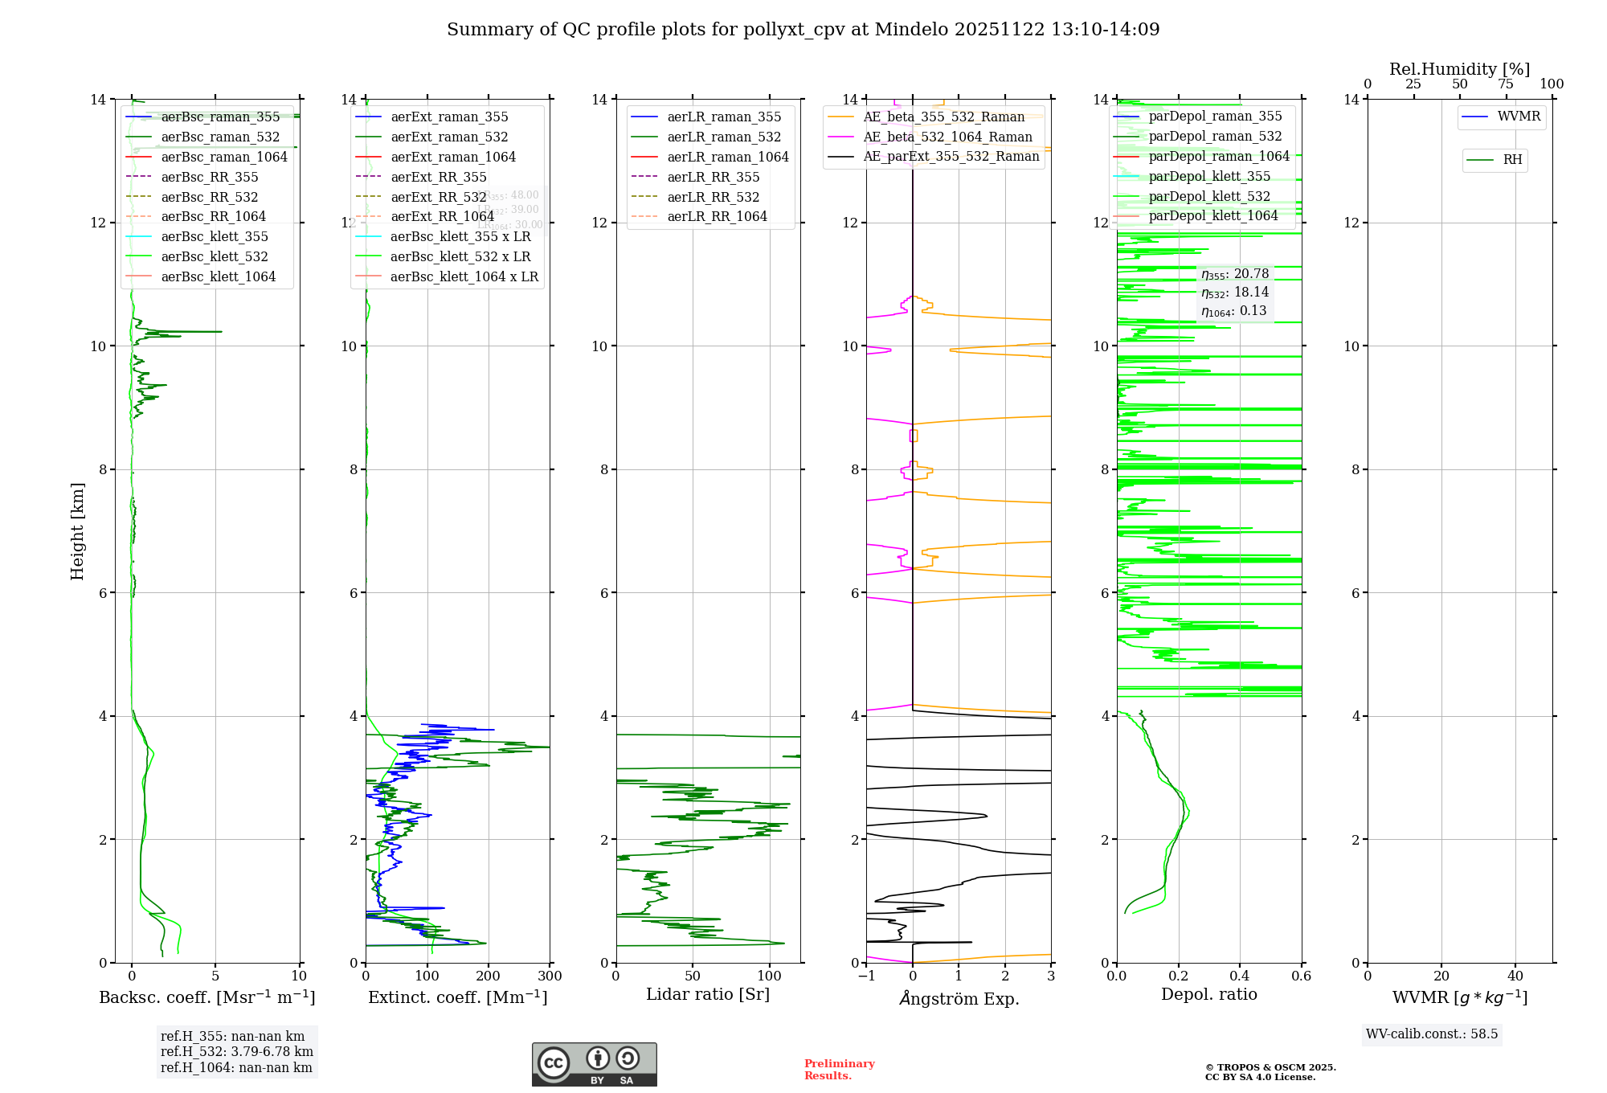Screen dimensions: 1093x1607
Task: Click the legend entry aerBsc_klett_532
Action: coord(214,256)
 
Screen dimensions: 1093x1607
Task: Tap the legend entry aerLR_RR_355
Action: coord(713,177)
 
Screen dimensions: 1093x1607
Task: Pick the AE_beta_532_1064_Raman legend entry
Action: coord(947,137)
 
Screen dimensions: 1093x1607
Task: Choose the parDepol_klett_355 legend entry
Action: coord(1209,176)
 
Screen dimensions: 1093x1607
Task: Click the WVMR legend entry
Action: coord(1518,117)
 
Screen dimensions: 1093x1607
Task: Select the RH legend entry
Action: coord(1512,160)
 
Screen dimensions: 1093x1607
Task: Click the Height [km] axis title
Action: coord(77,530)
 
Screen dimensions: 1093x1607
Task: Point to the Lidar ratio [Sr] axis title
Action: coord(707,994)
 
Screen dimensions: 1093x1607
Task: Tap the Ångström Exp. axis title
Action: coord(959,998)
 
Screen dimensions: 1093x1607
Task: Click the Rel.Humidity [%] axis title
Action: coord(1459,69)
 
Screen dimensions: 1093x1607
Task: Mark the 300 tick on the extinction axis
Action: coord(550,976)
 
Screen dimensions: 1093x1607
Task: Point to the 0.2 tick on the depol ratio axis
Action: coord(1178,976)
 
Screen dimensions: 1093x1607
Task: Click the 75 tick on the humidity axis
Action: coord(1505,84)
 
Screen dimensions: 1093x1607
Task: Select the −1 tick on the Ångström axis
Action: coord(866,976)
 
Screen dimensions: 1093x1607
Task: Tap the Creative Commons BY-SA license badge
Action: coord(594,1065)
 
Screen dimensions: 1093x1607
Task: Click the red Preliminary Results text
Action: coord(839,1070)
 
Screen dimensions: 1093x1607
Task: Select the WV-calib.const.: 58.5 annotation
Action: coord(1432,1034)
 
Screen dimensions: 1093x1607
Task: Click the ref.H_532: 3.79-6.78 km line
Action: coord(236,1051)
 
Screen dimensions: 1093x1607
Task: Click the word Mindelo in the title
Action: coord(911,30)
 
